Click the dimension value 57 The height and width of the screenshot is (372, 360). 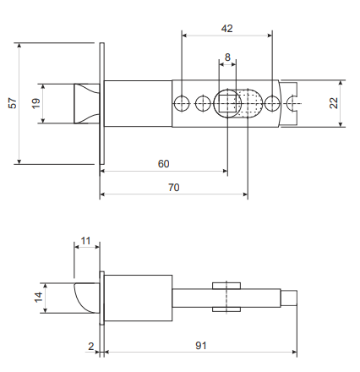pyautogui.click(x=13, y=103)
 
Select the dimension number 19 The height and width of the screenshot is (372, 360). pyautogui.click(x=35, y=103)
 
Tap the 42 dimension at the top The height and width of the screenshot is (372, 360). pyautogui.click(x=226, y=29)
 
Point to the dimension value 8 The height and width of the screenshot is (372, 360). pyautogui.click(x=227, y=57)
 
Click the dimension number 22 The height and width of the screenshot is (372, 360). pyautogui.click(x=334, y=103)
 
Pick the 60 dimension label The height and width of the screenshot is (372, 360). pyautogui.click(x=163, y=164)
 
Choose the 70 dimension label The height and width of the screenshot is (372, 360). pyautogui.click(x=174, y=188)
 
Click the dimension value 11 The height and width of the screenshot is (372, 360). pyautogui.click(x=85, y=241)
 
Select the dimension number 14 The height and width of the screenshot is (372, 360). pyautogui.click(x=38, y=298)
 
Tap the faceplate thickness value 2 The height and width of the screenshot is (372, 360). pyautogui.click(x=90, y=347)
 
